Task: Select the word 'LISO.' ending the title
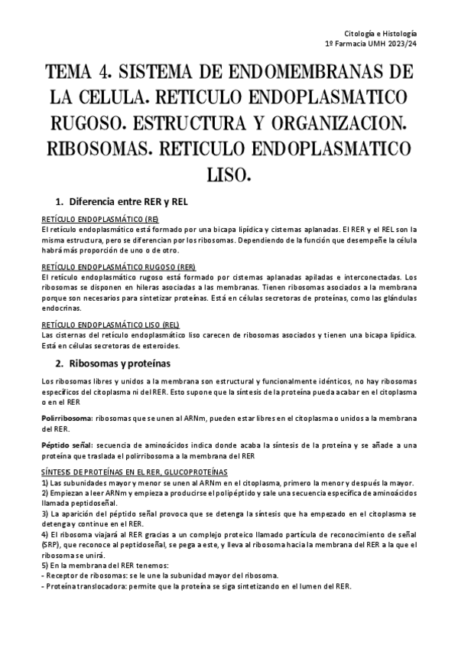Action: [x=229, y=173]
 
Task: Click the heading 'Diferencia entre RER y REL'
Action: [x=128, y=202]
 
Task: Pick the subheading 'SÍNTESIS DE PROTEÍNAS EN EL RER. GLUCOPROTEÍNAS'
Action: [x=134, y=471]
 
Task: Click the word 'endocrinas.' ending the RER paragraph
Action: [x=62, y=312]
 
